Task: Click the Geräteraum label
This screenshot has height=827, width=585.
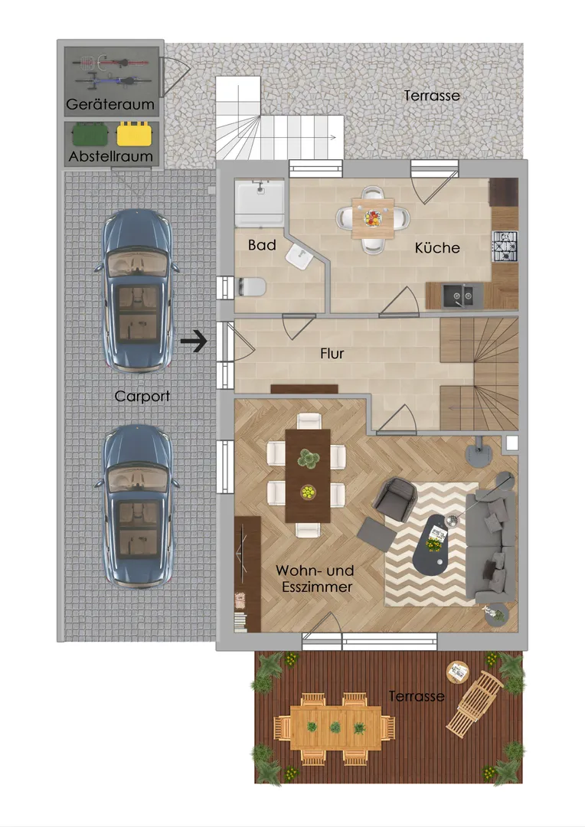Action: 109,104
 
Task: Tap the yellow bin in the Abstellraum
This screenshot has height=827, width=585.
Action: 134,134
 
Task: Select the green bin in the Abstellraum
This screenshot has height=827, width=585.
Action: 90,134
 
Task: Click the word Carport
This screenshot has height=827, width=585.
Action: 142,396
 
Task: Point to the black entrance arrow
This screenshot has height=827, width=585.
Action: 194,342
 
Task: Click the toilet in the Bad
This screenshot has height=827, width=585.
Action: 251,287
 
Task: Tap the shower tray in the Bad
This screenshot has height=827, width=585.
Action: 260,204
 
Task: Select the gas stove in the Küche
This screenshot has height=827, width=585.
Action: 505,247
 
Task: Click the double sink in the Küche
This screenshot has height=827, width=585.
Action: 458,296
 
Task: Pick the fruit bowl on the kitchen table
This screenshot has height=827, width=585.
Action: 372,217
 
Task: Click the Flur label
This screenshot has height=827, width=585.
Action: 332,353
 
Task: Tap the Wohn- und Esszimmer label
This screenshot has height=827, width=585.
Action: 315,579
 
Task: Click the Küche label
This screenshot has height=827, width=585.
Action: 436,248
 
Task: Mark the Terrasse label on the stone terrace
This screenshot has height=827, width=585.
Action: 432,96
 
